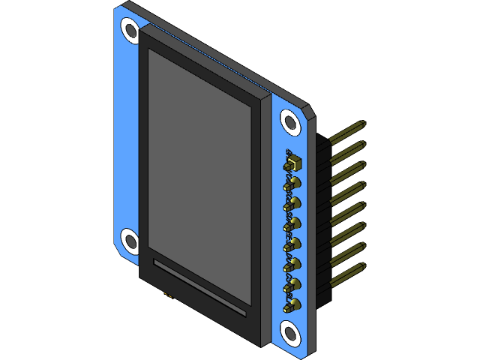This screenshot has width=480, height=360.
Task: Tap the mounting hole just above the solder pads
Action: click(290, 122)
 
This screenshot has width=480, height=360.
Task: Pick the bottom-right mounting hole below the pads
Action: click(290, 331)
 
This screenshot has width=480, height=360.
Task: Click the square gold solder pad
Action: click(293, 162)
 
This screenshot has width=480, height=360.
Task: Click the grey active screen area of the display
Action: click(199, 172)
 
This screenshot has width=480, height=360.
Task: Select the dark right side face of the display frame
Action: click(264, 225)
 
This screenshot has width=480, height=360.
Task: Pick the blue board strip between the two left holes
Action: click(126, 135)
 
